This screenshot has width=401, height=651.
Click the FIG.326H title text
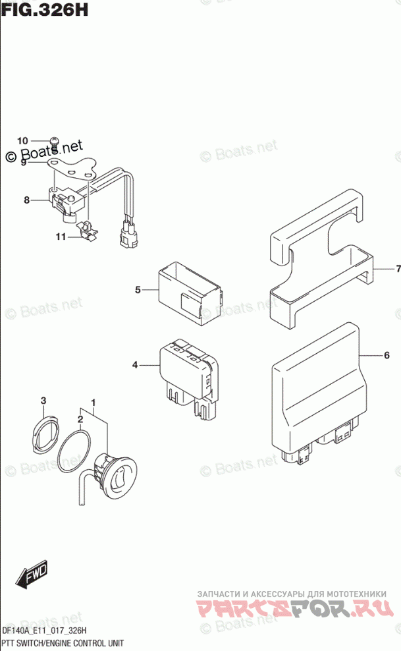pos(44,10)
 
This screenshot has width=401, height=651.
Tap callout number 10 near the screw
pos(23,140)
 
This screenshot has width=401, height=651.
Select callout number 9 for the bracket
pos(23,161)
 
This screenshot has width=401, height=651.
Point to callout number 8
pos(27,200)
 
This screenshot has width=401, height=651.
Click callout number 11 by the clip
pos(61,237)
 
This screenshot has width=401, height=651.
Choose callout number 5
pos(138,289)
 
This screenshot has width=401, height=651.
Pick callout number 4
pos(134,364)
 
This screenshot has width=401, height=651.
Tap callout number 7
pos(396,268)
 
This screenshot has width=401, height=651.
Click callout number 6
pos(387,356)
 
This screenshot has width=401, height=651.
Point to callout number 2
pos(80,418)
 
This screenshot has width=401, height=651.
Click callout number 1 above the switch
pos(94,402)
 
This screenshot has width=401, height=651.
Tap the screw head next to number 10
pos(55,141)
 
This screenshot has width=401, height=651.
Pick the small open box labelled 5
pos(188,291)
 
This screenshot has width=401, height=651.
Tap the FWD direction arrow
pos(32,576)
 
